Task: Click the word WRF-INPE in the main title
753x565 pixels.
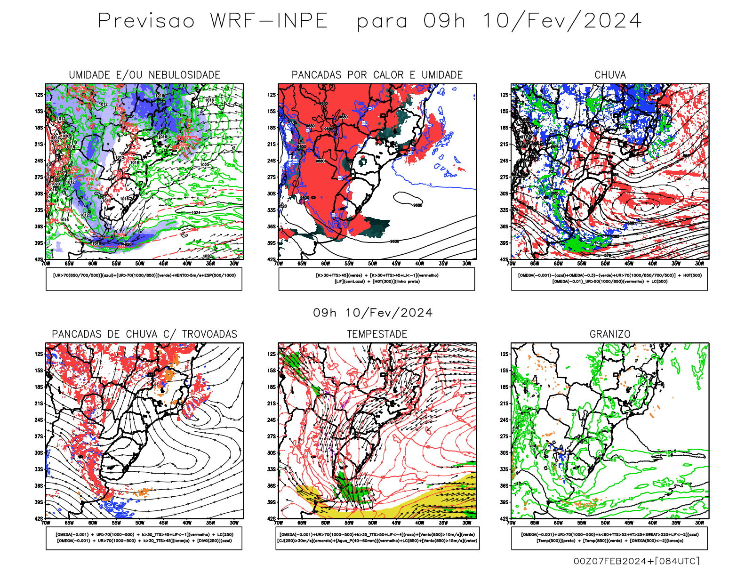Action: pyautogui.click(x=269, y=21)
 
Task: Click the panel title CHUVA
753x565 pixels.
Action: pyautogui.click(x=610, y=75)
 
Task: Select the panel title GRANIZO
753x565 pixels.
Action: pyautogui.click(x=610, y=334)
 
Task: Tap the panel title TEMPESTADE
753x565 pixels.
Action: pyautogui.click(x=377, y=334)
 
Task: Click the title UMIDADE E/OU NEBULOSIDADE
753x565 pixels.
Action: pyautogui.click(x=144, y=75)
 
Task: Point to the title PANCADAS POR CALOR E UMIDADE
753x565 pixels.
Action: pyautogui.click(x=377, y=75)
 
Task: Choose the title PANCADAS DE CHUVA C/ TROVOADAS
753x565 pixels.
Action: pyautogui.click(x=144, y=334)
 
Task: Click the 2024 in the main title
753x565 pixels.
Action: pyautogui.click(x=612, y=21)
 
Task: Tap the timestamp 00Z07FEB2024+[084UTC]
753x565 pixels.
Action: pyautogui.click(x=636, y=561)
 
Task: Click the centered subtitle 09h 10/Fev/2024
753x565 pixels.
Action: pyautogui.click(x=373, y=313)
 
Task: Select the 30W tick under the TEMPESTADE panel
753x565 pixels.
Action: pyautogui.click(x=467, y=523)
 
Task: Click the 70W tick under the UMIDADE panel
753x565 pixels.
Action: pyautogui.click(x=46, y=264)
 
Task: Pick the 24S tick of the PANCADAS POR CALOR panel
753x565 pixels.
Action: pyautogui.click(x=272, y=161)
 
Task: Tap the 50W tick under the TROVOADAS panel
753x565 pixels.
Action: pyautogui.click(x=140, y=523)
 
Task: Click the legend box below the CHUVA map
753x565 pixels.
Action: pyautogui.click(x=609, y=279)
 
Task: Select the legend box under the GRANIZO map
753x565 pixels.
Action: pyautogui.click(x=609, y=538)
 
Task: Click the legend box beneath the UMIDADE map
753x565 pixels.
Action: pyautogui.click(x=144, y=279)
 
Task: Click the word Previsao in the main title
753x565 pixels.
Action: pyautogui.click(x=146, y=21)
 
